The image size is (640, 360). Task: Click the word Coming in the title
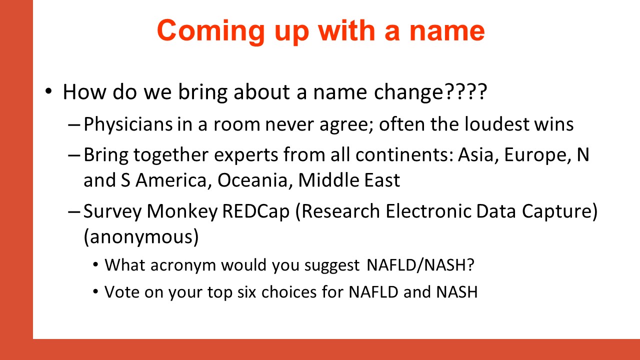point(211,31)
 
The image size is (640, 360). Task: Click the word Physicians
point(128,124)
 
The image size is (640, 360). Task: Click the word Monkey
point(182,212)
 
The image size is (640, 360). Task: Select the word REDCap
point(255,212)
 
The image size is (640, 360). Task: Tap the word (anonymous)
point(141,237)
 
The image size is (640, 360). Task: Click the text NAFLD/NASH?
point(420,265)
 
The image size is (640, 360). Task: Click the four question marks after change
point(465,91)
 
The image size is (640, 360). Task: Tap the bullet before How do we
point(48,91)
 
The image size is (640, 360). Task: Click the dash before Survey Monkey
point(74,212)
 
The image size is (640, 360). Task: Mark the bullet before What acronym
point(95,265)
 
